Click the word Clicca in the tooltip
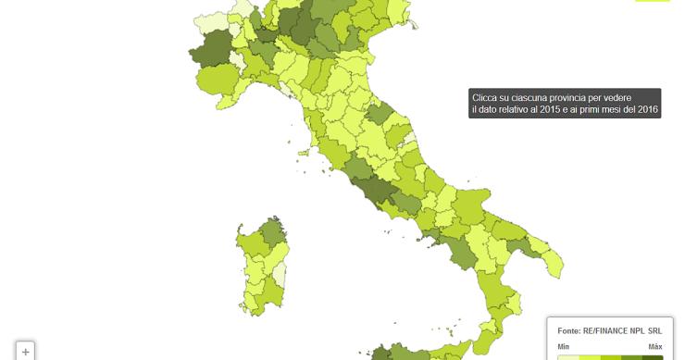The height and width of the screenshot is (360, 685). [x=485, y=97]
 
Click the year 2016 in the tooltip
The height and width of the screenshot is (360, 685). [x=645, y=110]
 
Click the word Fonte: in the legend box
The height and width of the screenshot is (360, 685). [x=568, y=329]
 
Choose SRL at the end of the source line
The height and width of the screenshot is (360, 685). [x=654, y=329]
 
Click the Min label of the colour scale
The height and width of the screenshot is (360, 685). [x=563, y=346]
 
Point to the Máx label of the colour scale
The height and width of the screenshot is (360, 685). [x=654, y=346]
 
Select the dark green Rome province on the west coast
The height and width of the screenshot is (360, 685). [x=355, y=187]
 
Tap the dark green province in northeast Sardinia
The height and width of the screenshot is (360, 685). [x=272, y=232]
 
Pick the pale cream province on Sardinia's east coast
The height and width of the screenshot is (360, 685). [x=280, y=275]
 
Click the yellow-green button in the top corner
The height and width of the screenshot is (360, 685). [x=652, y=1]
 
